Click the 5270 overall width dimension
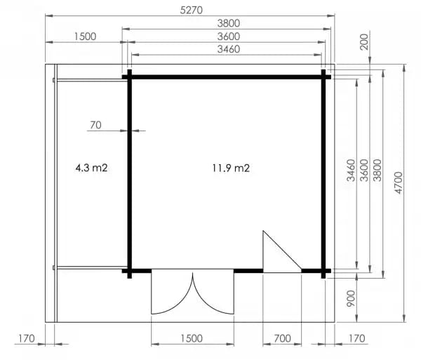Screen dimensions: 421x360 (x=191, y=11)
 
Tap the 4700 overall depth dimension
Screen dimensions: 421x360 (x=399, y=182)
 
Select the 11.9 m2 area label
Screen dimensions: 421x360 (x=231, y=168)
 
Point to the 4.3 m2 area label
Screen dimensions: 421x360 (x=91, y=168)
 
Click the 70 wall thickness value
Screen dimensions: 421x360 (x=95, y=125)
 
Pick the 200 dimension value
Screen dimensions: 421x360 (x=364, y=42)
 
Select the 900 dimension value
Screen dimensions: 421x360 (x=351, y=298)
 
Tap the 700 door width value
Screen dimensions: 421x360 (x=282, y=338)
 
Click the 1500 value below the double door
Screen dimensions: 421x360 (x=192, y=338)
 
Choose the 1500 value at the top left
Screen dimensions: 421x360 (x=85, y=36)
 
